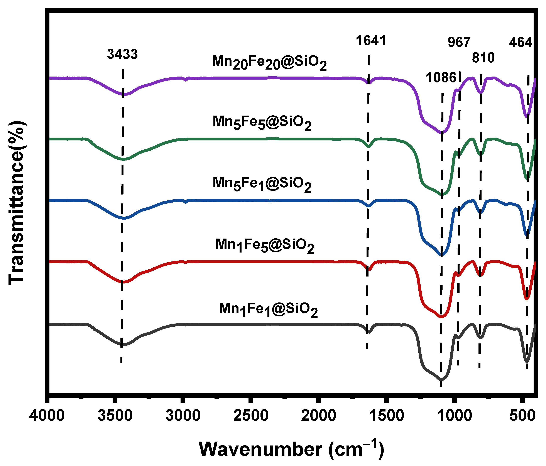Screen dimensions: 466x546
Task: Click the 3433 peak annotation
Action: [122, 54]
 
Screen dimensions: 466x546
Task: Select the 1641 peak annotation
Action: [371, 41]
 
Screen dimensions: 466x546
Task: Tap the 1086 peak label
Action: [441, 78]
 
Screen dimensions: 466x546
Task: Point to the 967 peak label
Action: [459, 43]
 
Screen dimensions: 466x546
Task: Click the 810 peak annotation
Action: [483, 58]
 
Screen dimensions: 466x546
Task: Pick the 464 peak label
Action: [521, 43]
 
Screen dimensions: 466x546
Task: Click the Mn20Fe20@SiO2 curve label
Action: [269, 63]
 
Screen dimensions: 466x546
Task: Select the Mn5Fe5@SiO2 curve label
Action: [262, 123]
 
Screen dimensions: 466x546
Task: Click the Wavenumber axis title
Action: [291, 449]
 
